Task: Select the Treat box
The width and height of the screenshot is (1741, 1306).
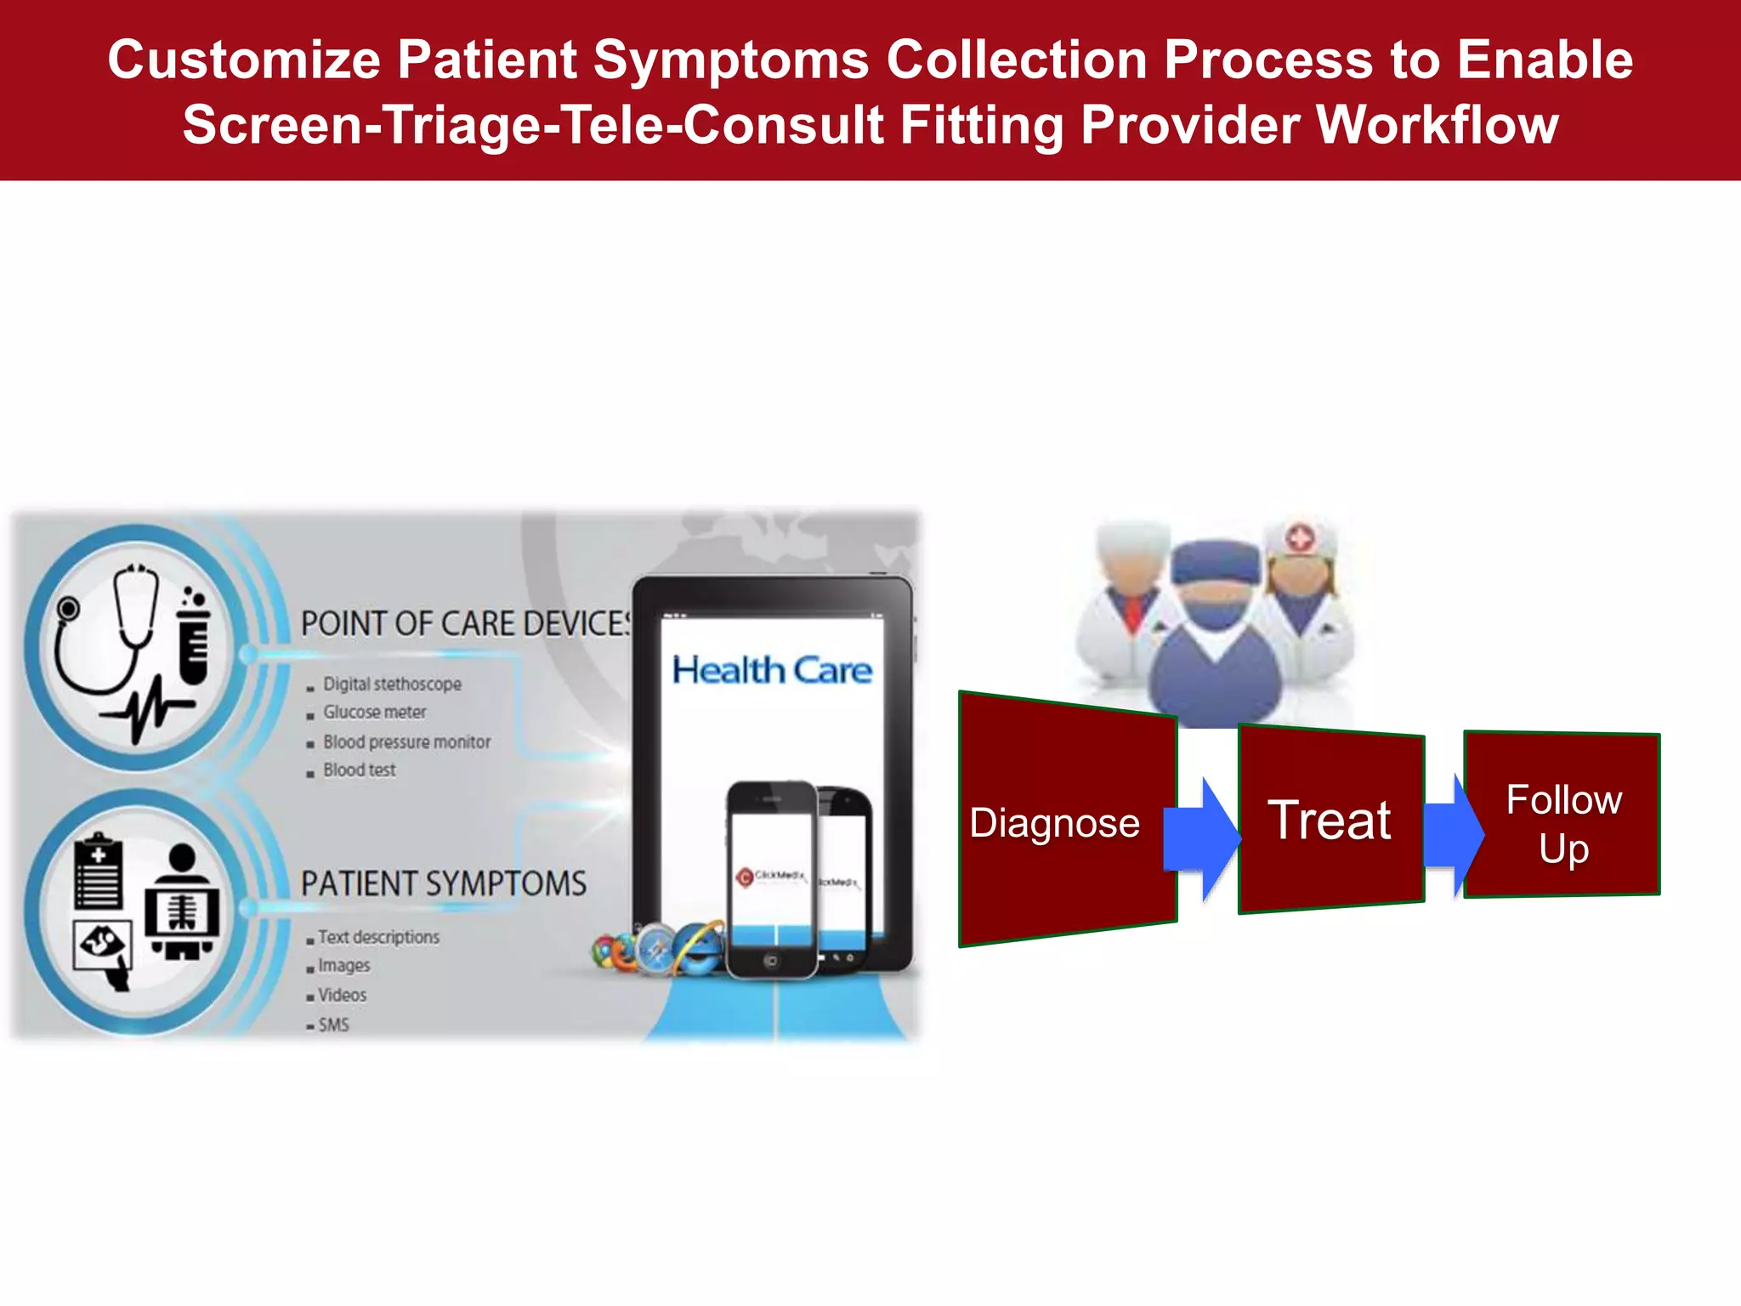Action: tap(1330, 820)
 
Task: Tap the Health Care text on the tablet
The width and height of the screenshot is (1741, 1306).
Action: tap(772, 671)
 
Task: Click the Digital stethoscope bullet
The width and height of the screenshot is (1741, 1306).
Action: tap(392, 684)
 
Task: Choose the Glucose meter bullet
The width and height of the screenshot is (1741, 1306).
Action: tap(374, 713)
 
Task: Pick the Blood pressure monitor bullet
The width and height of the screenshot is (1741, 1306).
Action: tap(406, 742)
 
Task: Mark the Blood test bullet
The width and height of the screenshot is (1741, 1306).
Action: tap(359, 770)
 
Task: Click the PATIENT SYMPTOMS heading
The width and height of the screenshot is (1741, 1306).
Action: tap(443, 884)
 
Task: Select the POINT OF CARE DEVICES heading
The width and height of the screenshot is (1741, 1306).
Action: tap(466, 624)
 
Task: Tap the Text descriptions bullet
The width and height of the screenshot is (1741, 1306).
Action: tap(378, 937)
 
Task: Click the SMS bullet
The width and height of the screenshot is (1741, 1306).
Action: tap(333, 1025)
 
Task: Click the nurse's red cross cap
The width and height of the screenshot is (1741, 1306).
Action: tap(1299, 537)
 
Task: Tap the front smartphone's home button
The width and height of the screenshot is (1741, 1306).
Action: tap(770, 961)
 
